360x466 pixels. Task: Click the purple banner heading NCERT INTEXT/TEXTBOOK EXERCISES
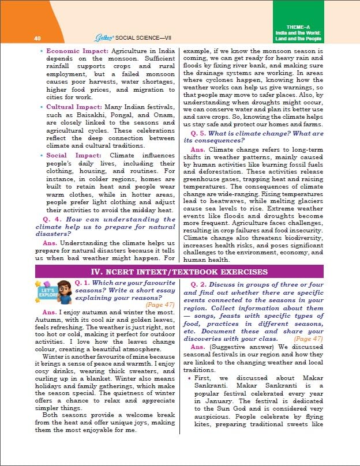tap(179, 271)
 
